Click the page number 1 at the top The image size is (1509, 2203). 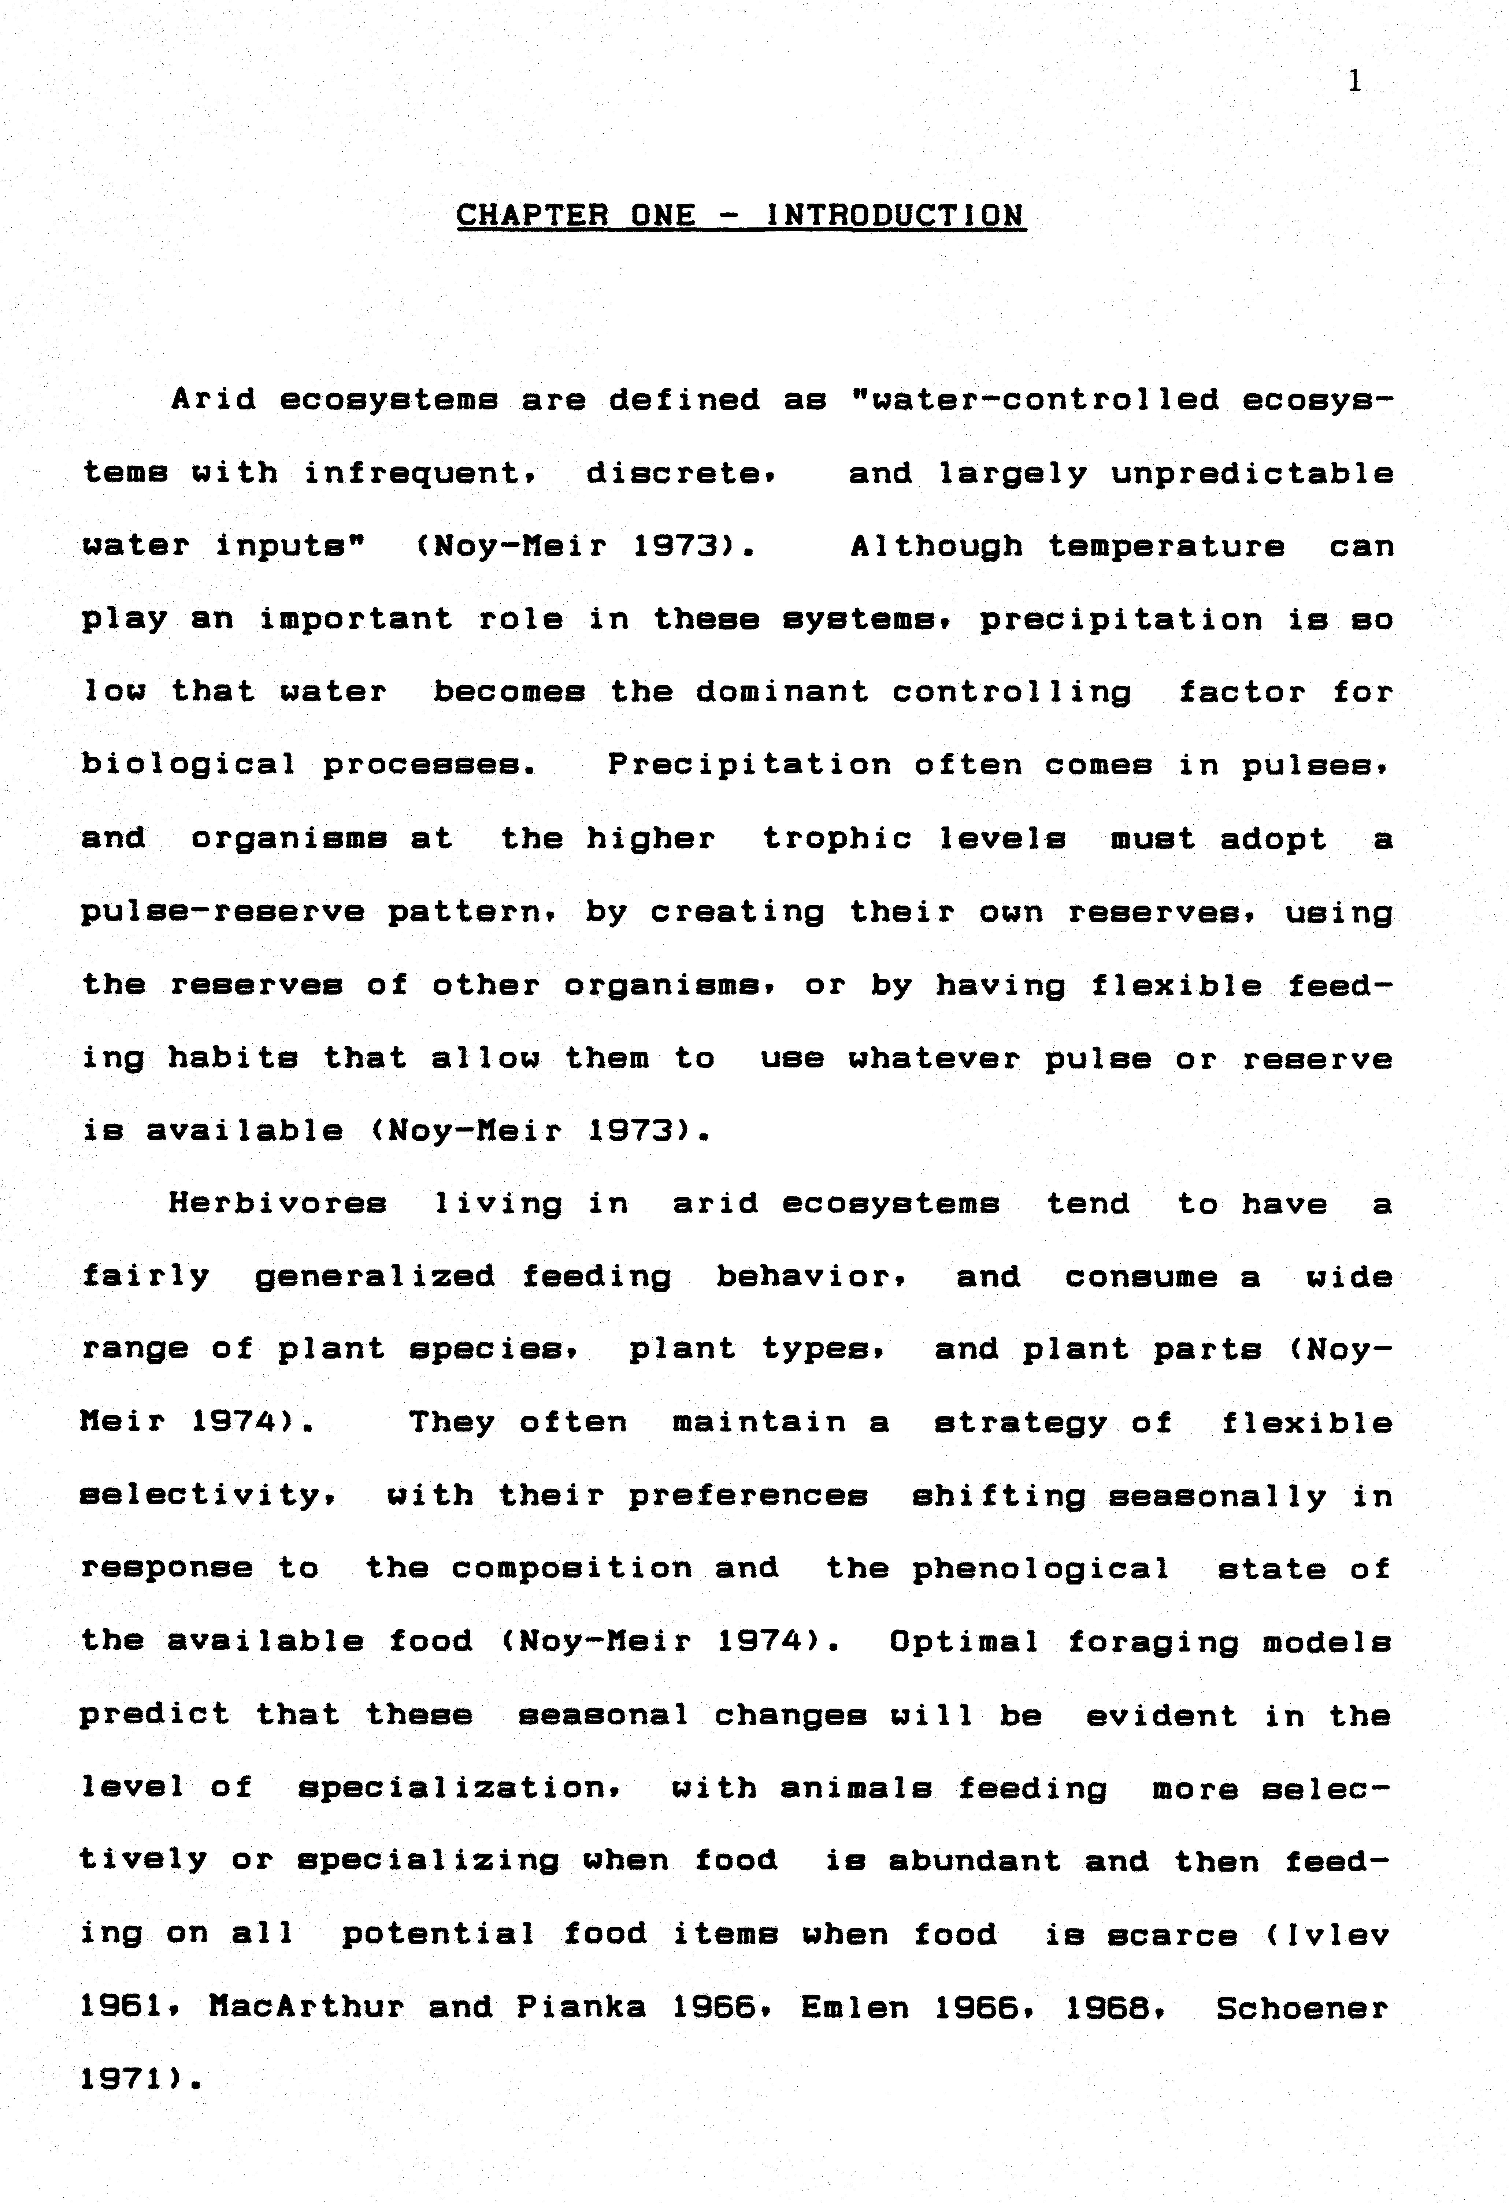pos(1354,82)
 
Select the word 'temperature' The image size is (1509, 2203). pos(1166,547)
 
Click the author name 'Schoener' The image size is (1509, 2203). pos(1301,2007)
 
